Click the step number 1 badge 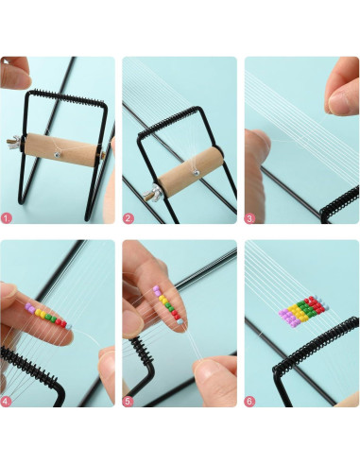coord(7,218)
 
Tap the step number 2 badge coord(129,218)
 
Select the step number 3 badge coord(250,218)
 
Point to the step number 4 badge coord(7,402)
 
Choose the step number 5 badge coord(129,402)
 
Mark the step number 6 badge coord(250,402)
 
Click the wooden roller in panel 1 coord(61,149)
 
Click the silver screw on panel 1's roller coord(57,155)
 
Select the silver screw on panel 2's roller coord(196,172)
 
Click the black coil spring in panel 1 coord(67,97)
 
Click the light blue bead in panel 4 coord(69,327)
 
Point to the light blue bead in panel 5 coord(180,321)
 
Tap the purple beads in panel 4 coord(30,308)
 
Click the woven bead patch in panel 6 coord(303,311)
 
